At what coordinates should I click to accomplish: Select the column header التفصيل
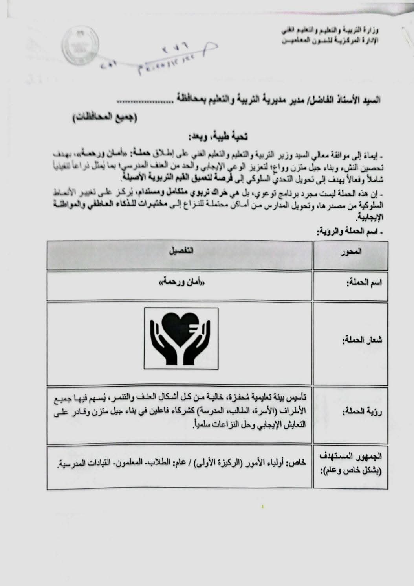pyautogui.click(x=180, y=251)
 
